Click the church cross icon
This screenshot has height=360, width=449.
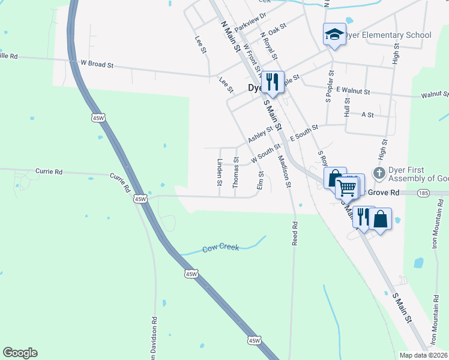[x=378, y=173]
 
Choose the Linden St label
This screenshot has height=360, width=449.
[x=220, y=172]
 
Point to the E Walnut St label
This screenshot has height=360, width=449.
[x=353, y=90]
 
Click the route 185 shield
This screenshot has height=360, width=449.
[x=424, y=193]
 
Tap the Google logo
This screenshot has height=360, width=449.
[x=20, y=353]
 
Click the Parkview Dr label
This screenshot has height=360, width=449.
[x=250, y=25]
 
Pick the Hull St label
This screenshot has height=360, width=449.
[x=347, y=108]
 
